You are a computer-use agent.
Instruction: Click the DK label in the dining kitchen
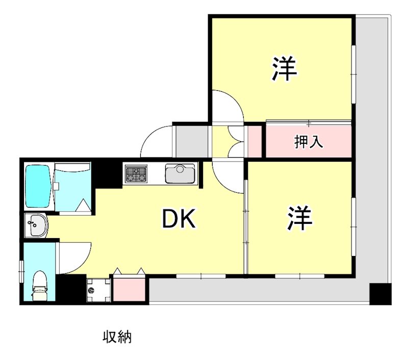(179, 220)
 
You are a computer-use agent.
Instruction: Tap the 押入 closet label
(309, 142)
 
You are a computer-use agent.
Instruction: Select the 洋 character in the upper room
(284, 69)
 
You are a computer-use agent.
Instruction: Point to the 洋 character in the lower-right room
(299, 218)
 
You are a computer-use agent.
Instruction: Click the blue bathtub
(39, 186)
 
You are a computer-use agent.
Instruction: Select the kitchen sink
(180, 173)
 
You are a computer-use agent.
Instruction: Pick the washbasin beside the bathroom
(36, 224)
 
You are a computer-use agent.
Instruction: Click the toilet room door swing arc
(74, 258)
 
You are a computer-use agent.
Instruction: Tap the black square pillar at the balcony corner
(380, 294)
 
